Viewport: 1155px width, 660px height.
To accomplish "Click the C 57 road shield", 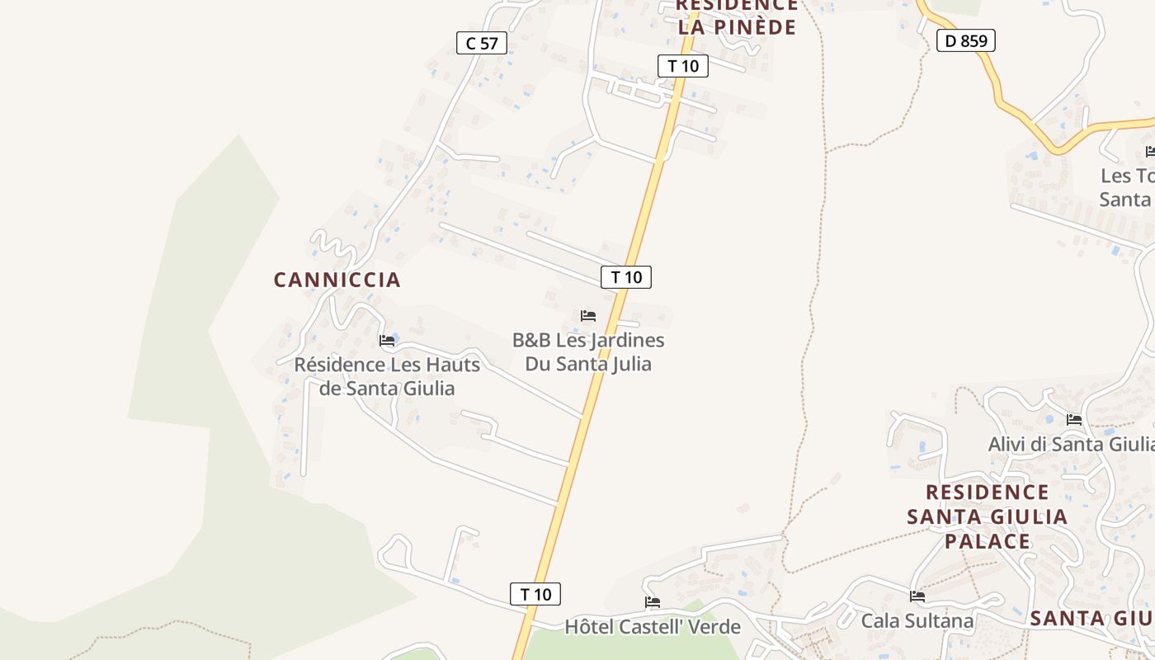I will pyautogui.click(x=482, y=43).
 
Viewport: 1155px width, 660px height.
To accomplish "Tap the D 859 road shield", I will pyautogui.click(x=966, y=40).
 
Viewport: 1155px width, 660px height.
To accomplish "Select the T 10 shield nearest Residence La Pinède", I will pyautogui.click(x=683, y=66).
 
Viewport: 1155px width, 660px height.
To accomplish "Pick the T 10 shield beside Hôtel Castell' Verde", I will pyautogui.click(x=535, y=594).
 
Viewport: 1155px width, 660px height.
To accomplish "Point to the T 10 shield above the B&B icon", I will pyautogui.click(x=626, y=277).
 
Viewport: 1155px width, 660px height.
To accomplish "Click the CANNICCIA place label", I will pyautogui.click(x=337, y=280).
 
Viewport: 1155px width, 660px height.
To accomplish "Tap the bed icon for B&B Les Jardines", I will pyautogui.click(x=588, y=316).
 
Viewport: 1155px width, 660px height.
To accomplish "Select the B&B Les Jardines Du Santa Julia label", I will pyautogui.click(x=588, y=352).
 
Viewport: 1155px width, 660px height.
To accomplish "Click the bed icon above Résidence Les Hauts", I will pyautogui.click(x=387, y=340).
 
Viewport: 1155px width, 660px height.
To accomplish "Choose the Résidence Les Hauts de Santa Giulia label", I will pyautogui.click(x=387, y=376).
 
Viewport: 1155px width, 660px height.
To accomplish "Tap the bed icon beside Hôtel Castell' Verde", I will pyautogui.click(x=653, y=602).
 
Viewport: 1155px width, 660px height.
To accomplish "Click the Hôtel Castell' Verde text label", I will pyautogui.click(x=653, y=627).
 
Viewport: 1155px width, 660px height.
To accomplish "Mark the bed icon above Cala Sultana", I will pyautogui.click(x=917, y=596).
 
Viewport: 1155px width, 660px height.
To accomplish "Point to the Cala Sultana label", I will pyautogui.click(x=917, y=620).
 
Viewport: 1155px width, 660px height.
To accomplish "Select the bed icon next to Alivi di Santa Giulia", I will pyautogui.click(x=1074, y=420).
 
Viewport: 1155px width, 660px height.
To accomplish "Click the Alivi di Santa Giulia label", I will pyautogui.click(x=1071, y=444).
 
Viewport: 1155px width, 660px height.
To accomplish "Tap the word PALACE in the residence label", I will pyautogui.click(x=988, y=541).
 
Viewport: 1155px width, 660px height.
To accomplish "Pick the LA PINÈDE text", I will pyautogui.click(x=738, y=26).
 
